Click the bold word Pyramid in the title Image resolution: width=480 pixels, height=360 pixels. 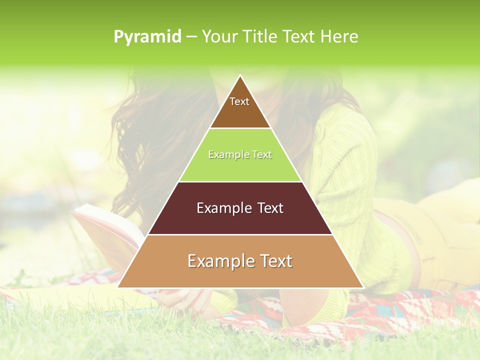point(147,36)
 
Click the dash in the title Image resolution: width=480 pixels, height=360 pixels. point(191,36)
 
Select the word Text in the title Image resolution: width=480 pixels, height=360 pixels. point(300,36)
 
